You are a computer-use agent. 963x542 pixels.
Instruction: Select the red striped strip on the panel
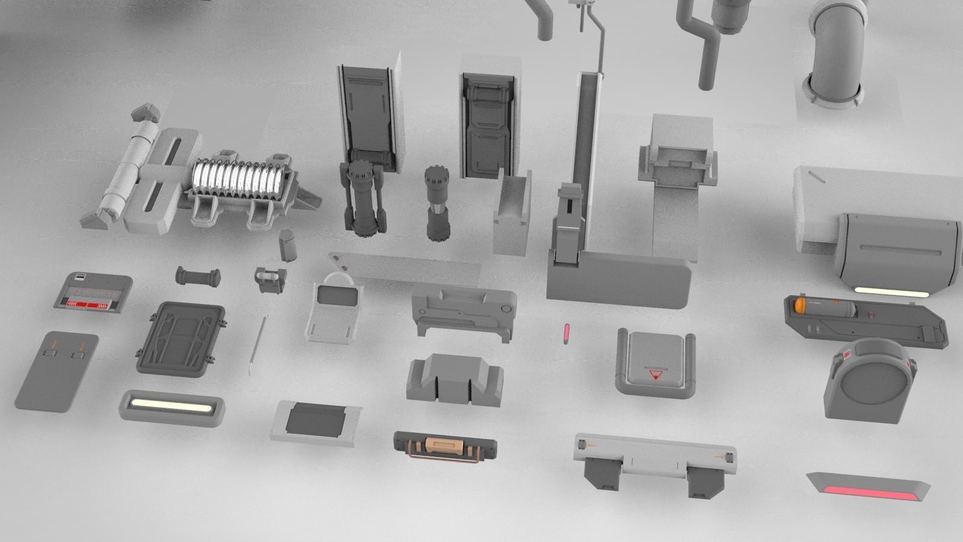click(90, 305)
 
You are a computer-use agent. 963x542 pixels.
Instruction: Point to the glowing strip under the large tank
click(891, 291)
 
